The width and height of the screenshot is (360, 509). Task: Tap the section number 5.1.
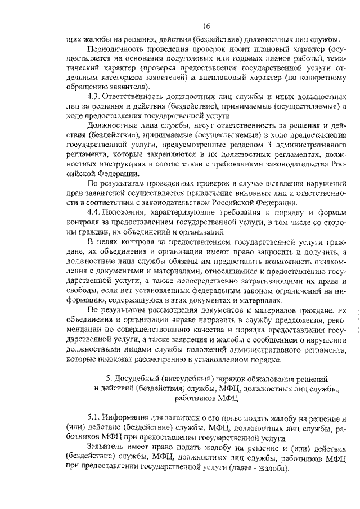(x=93, y=418)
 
